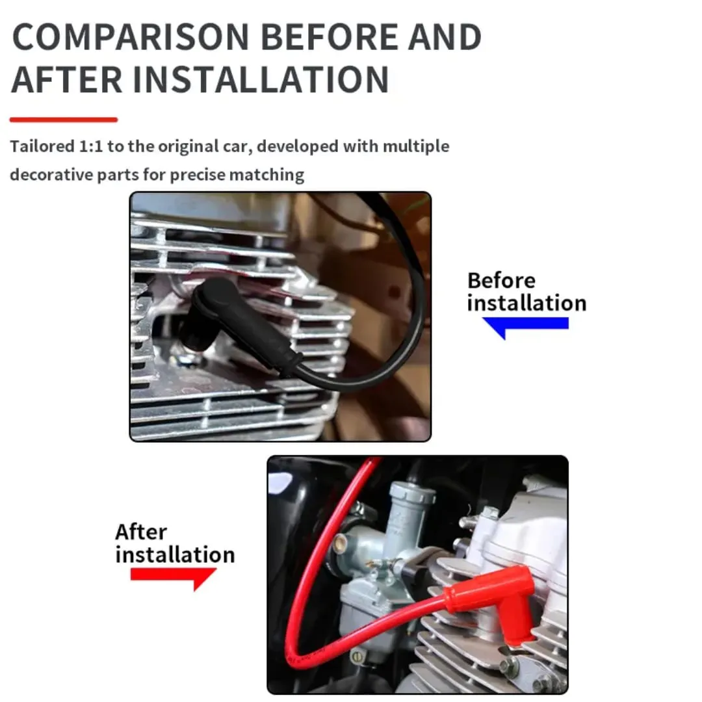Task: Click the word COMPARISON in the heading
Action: pyautogui.click(x=130, y=36)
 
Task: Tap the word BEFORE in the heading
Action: pyautogui.click(x=329, y=36)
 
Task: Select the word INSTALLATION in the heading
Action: pyautogui.click(x=261, y=80)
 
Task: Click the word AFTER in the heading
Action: pyautogui.click(x=67, y=80)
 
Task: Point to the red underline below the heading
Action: pyautogui.click(x=64, y=120)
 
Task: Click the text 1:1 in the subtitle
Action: pyautogui.click(x=91, y=146)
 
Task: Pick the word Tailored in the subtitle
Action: pyautogui.click(x=42, y=146)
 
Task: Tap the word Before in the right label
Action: pyautogui.click(x=501, y=281)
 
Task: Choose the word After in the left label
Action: pyautogui.click(x=141, y=532)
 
